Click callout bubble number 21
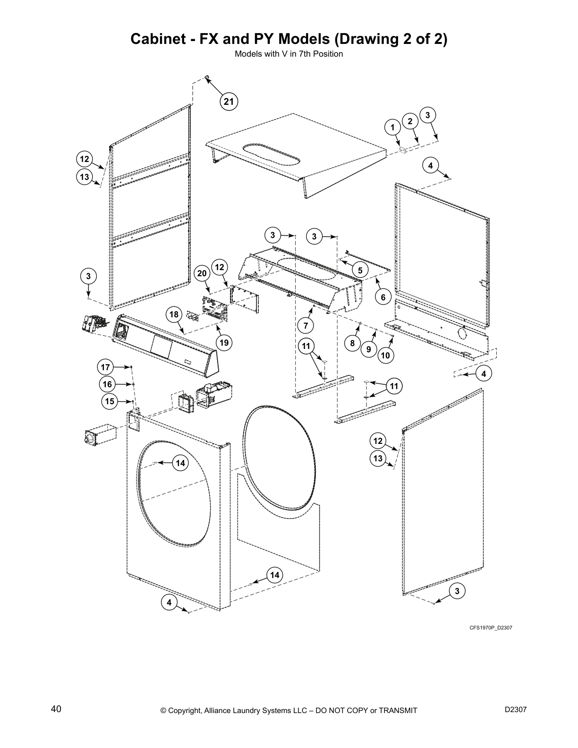[x=229, y=102]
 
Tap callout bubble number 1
[x=392, y=127]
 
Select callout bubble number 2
[x=410, y=121]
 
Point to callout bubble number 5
[x=360, y=271]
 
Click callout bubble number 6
[x=383, y=297]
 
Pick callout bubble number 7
[x=306, y=326]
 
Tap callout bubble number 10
[x=385, y=355]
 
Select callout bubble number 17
[x=105, y=367]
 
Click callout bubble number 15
[x=110, y=401]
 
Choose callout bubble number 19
[x=224, y=343]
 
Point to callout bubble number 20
[x=202, y=274]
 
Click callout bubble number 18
[x=174, y=314]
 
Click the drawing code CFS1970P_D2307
[x=491, y=628]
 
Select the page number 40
[x=56, y=709]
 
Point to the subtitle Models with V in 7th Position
[x=289, y=54]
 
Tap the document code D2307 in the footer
[x=516, y=709]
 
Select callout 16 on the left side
[x=107, y=384]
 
